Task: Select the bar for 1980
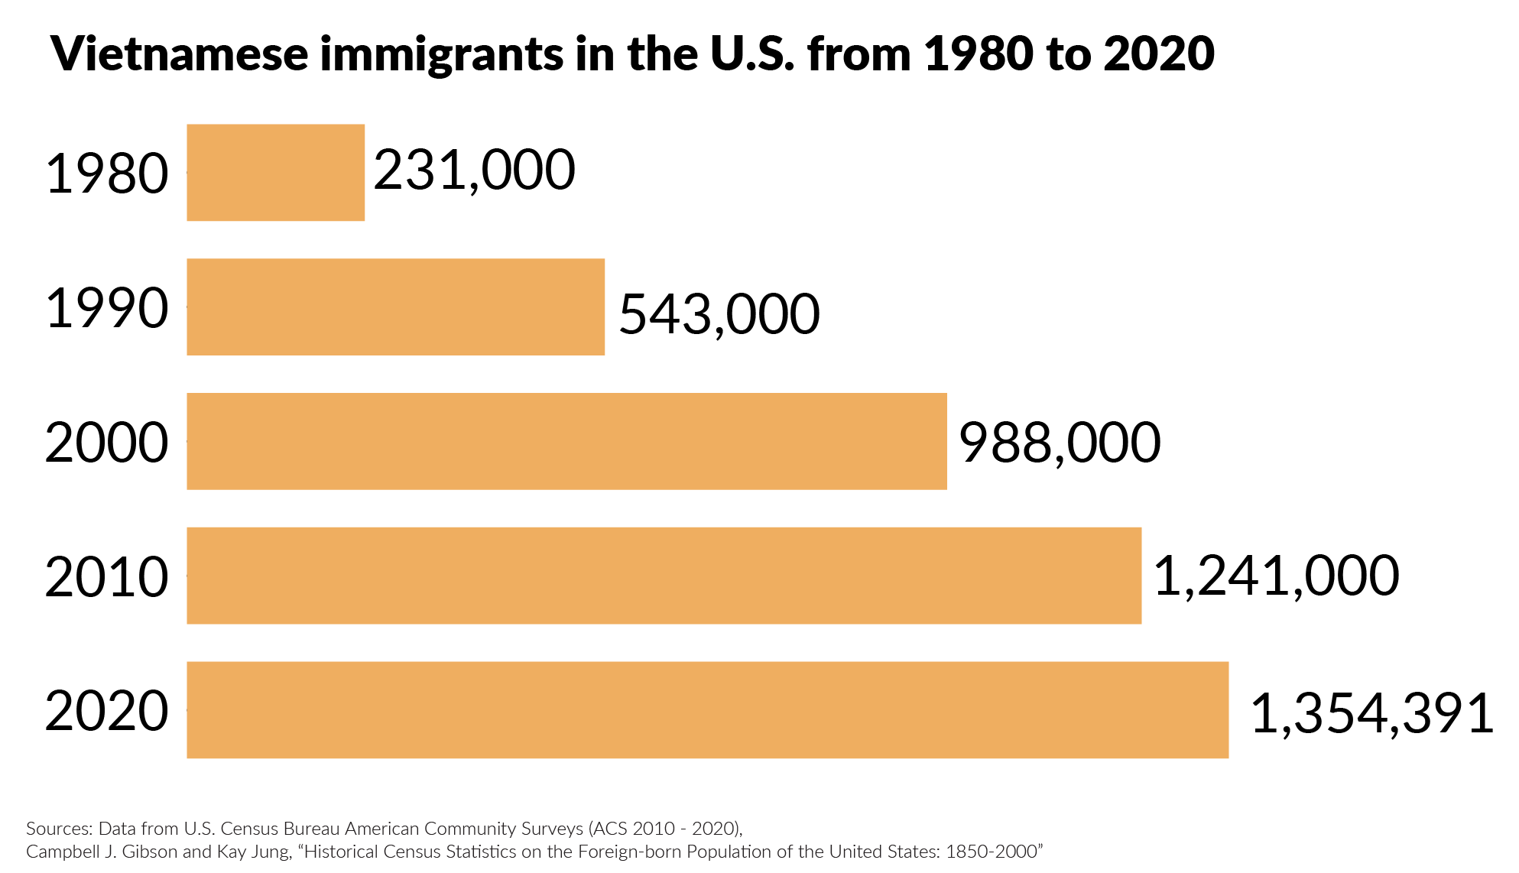[x=275, y=173]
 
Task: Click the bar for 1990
[x=395, y=307]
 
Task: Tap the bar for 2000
[x=566, y=441]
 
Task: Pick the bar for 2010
[x=664, y=576]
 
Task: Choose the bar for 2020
[x=707, y=709]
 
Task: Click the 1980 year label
[x=107, y=174]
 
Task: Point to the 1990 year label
[x=107, y=309]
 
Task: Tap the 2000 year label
[x=107, y=443]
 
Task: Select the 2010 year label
[x=107, y=578]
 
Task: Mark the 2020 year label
[x=107, y=712]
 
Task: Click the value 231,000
[x=474, y=170]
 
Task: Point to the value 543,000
[x=719, y=314]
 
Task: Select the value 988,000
[x=1060, y=443]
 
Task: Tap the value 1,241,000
[x=1276, y=576]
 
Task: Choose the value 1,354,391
[x=1372, y=714]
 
